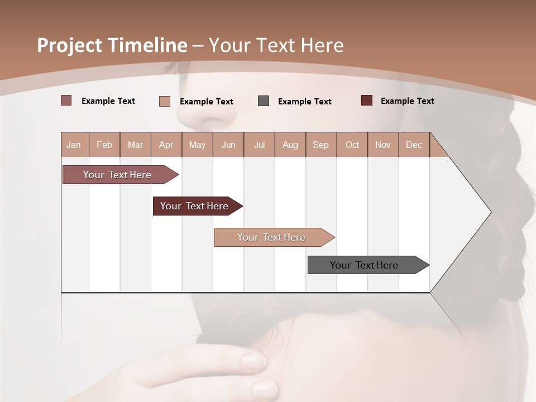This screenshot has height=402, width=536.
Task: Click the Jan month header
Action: (x=74, y=145)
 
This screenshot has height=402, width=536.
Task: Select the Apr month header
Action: (x=166, y=145)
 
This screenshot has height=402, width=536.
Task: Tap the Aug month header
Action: (x=290, y=145)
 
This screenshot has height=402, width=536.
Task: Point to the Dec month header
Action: (x=414, y=145)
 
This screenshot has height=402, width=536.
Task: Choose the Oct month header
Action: (x=352, y=145)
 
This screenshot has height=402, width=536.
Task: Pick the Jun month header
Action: (x=228, y=145)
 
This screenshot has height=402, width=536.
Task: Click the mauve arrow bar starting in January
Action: (x=117, y=175)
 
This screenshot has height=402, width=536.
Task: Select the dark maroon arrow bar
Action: (x=194, y=206)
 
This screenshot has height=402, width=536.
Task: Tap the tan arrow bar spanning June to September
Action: (x=271, y=237)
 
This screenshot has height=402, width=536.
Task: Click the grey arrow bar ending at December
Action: (x=364, y=265)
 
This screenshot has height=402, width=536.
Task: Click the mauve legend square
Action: (x=66, y=100)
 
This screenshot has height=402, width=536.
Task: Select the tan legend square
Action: (x=164, y=101)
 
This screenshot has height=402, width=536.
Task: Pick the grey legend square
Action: (x=264, y=101)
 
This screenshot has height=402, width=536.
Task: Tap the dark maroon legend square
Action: (x=366, y=100)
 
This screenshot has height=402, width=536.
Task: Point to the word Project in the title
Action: (x=68, y=45)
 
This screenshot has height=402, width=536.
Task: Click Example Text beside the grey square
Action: (x=304, y=101)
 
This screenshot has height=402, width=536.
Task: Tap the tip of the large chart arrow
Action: (x=490, y=212)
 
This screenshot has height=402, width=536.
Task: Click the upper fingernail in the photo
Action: (x=254, y=361)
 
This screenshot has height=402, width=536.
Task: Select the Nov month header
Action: (x=382, y=145)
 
